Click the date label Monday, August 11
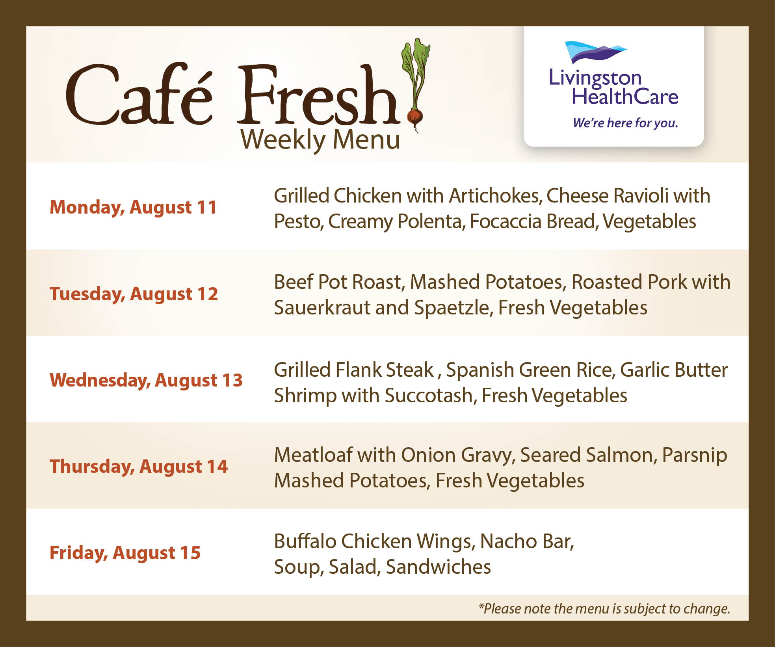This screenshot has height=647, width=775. click(x=133, y=208)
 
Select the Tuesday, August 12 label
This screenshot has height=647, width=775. click(x=134, y=294)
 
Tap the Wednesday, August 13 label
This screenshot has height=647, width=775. click(x=146, y=380)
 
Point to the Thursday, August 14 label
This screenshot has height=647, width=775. click(x=139, y=467)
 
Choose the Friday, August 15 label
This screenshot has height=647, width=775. click(x=125, y=553)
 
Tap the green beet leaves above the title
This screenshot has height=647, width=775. click(x=416, y=67)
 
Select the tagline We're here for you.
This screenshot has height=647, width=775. click(x=625, y=123)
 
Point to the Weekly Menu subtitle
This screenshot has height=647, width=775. click(x=320, y=140)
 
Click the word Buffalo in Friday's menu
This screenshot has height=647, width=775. click(x=305, y=541)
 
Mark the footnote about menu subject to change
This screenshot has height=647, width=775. click(x=604, y=609)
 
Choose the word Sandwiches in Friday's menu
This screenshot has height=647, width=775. click(x=439, y=567)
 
